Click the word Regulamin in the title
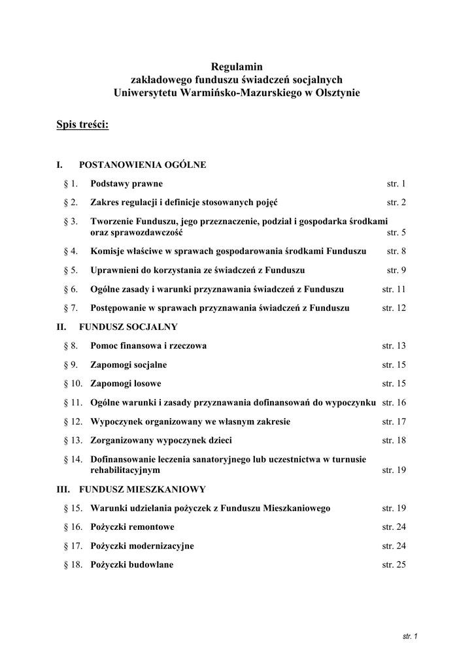click(237, 66)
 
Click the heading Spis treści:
click(82, 124)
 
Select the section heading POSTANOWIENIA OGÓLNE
click(143, 165)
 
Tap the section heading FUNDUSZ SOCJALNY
click(128, 325)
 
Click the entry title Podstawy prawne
click(126, 184)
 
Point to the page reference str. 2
click(396, 203)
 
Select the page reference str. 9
click(396, 270)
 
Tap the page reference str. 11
click(394, 289)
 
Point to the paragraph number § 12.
click(73, 421)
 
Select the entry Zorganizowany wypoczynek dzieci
click(161, 440)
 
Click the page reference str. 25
click(394, 564)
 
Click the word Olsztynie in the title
click(339, 93)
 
